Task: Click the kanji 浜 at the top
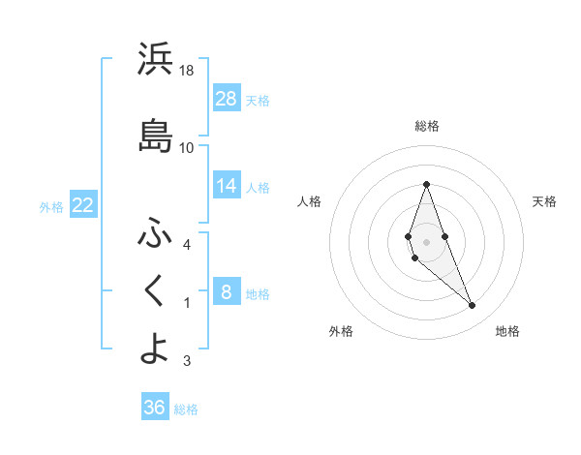(155, 61)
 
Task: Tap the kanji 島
(155, 136)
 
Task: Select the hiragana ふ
(155, 233)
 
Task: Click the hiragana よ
(155, 349)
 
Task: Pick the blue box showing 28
(227, 99)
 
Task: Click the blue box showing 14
(227, 186)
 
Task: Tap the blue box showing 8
(226, 292)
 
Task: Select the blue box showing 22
(82, 205)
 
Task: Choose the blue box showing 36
(155, 408)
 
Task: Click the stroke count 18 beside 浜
(187, 72)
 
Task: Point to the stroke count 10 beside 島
(187, 148)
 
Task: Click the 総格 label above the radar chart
(427, 126)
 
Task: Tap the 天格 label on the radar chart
(545, 201)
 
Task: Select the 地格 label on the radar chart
(507, 331)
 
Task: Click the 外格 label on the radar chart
(341, 331)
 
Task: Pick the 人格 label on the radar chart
(309, 201)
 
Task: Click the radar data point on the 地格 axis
(472, 306)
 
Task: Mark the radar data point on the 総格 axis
(426, 184)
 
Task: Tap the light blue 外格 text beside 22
(50, 206)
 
